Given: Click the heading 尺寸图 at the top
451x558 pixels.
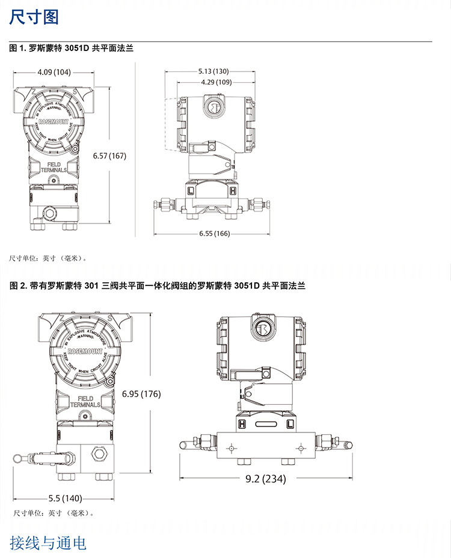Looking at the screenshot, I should point(34,17).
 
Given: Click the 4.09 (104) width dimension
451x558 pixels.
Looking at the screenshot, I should point(54,72).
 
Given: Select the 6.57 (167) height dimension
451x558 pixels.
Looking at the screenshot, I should point(109,156).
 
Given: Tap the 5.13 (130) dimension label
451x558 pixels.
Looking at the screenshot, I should point(213,71).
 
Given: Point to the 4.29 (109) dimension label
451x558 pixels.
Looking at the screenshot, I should point(215,82).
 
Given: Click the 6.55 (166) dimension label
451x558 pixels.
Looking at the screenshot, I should point(215,233).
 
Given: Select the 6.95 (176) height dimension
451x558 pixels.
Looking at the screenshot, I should point(142,394).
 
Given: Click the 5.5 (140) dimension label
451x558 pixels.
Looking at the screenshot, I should point(65,498).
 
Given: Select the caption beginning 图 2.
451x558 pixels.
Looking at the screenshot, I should point(158,286).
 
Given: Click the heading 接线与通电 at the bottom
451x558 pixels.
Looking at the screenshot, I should point(48,543).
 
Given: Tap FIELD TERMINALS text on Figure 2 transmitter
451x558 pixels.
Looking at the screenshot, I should point(85,401).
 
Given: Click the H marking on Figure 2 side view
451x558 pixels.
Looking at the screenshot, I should point(244,424).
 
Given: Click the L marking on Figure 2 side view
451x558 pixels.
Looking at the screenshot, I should point(290,424).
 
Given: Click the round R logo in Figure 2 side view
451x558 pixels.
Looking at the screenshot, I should point(263,330).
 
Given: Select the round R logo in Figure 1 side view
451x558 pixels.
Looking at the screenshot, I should point(215,107).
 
